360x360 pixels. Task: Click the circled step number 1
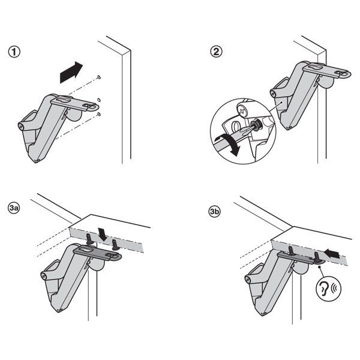pos(14,52)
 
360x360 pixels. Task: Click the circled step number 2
pos(216,52)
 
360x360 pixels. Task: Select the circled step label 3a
pos(14,208)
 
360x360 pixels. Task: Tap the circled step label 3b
pos(214,211)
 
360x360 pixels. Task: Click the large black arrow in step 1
pos(71,73)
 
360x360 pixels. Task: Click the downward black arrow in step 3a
pos(102,234)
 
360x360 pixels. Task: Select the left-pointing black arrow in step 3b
pos(332,253)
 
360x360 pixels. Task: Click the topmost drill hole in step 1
pos(99,77)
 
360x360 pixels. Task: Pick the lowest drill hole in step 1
pos(99,115)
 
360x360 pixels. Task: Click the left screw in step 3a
pos(89,239)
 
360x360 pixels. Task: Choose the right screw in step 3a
pos(115,245)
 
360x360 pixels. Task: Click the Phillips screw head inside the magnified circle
pos(242,110)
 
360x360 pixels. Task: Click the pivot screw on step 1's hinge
pos(21,126)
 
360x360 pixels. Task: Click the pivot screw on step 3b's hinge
pos(248,280)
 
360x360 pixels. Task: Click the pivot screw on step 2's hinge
pos(273,93)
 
